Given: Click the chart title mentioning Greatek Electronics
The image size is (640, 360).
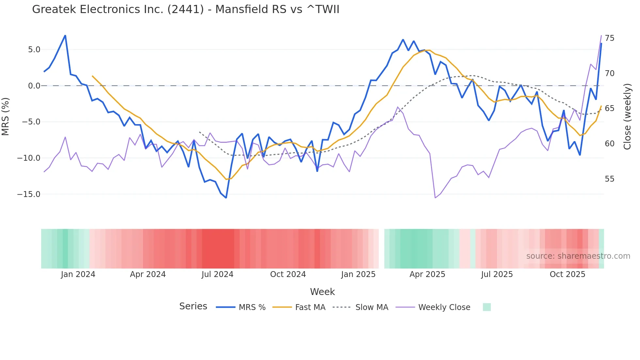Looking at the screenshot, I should (x=185, y=9).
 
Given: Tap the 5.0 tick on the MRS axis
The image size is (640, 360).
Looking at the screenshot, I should (x=34, y=50).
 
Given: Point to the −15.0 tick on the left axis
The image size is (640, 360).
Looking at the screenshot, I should (x=29, y=194).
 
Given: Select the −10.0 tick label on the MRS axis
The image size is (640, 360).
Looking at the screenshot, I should (x=29, y=158).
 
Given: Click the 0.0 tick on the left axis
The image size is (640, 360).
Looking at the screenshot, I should (x=34, y=86).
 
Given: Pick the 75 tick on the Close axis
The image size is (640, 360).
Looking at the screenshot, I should (x=609, y=38).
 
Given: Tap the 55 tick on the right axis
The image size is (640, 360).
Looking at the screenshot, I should (x=609, y=179).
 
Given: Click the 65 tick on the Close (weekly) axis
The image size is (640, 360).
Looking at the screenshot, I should (x=609, y=108).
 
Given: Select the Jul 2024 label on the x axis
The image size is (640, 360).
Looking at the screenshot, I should (x=217, y=274).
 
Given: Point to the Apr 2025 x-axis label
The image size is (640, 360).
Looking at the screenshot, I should (x=427, y=274).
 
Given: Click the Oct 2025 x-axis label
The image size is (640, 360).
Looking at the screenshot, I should (x=568, y=274).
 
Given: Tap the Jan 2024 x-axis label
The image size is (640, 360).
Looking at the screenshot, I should (x=78, y=274).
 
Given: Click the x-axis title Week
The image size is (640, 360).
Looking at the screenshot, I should (x=322, y=292).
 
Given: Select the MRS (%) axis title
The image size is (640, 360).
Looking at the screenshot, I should (x=6, y=116).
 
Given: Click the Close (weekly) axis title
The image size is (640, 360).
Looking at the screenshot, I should (x=627, y=116).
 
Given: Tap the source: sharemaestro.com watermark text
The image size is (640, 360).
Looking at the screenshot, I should (x=578, y=256).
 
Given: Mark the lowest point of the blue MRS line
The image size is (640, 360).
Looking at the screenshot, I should (x=226, y=198).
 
